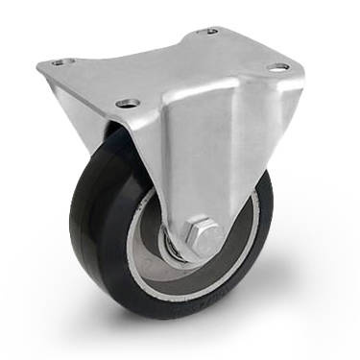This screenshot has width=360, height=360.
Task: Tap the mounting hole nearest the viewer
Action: [127, 102]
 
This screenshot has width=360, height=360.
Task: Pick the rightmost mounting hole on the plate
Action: [278, 68]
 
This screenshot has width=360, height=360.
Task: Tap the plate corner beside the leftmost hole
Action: [43, 65]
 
